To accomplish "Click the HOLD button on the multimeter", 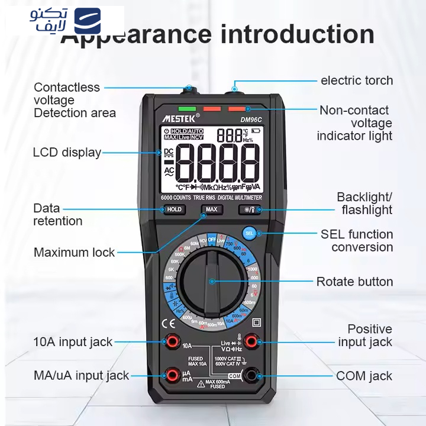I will coord(174,209).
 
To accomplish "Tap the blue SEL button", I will coord(249,233).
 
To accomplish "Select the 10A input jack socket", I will coord(173,341).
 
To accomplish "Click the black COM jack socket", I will coord(251,375).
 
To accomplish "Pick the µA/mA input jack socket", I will coord(173,375).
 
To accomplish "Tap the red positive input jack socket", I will coord(251,341).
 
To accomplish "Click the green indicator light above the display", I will coord(186,109).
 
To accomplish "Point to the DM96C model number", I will coord(251,120).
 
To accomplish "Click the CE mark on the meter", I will coord(169,323).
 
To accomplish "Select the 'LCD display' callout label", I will coord(67,153).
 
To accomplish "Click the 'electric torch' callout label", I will coord(356,80).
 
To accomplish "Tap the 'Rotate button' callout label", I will coord(354,282).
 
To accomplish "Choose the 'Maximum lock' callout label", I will coord(75,253).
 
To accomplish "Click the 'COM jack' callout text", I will coord(364,376).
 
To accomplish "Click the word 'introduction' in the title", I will coord(298,33).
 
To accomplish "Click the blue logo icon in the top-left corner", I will coord(87,21).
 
